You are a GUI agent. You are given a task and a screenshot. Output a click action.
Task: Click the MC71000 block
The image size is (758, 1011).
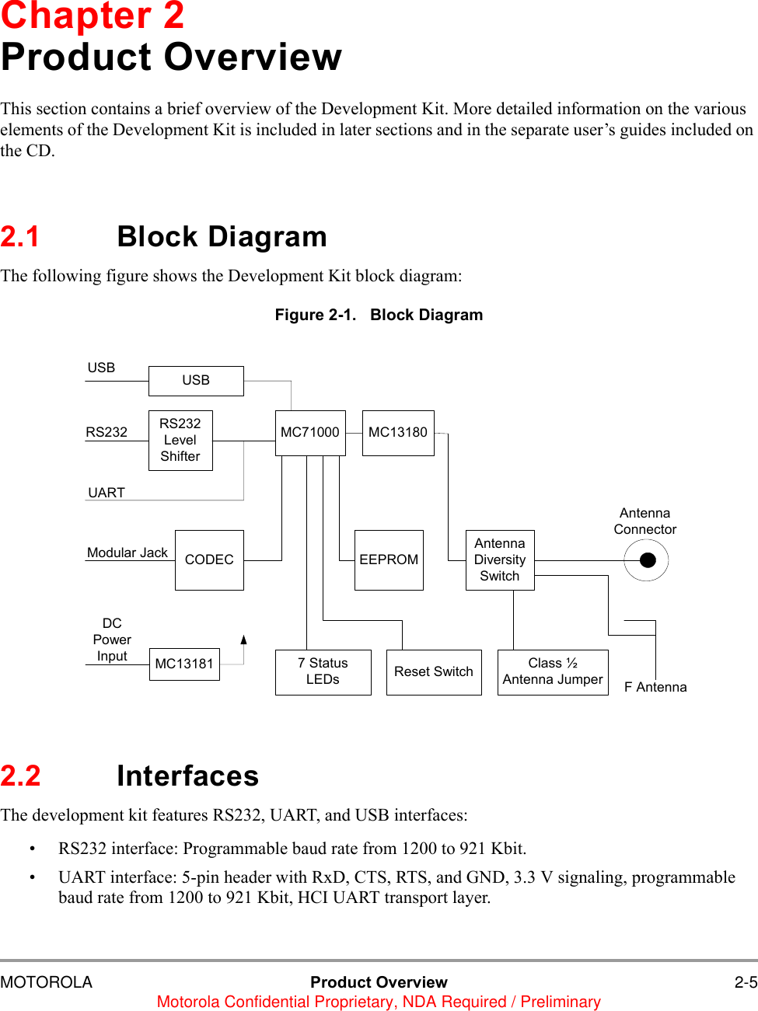click(x=310, y=433)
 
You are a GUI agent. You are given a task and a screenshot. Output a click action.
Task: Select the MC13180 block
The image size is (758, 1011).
click(x=398, y=433)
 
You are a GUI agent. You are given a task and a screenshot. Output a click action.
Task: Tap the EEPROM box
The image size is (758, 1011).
click(x=389, y=560)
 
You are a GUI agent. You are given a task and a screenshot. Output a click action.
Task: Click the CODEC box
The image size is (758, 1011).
click(x=209, y=560)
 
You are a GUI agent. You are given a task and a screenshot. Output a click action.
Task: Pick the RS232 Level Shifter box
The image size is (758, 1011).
click(x=180, y=441)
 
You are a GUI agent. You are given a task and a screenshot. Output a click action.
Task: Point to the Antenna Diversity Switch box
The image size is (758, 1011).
click(x=500, y=560)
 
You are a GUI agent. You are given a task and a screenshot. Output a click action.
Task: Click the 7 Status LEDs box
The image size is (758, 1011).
click(x=323, y=672)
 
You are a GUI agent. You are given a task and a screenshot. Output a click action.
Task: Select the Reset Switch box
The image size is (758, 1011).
click(x=434, y=672)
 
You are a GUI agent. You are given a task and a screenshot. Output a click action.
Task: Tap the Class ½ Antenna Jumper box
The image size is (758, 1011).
click(x=553, y=672)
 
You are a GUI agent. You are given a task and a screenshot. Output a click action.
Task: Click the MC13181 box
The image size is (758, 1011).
click(x=184, y=664)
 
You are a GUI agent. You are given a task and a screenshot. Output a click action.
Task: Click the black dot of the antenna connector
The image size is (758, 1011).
click(x=648, y=560)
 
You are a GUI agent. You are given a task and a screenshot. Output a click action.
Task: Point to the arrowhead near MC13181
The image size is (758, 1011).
click(x=244, y=640)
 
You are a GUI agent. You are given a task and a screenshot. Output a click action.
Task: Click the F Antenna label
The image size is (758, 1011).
click(x=655, y=688)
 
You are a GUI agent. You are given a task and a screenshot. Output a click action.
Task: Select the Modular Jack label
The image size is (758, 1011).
click(x=127, y=553)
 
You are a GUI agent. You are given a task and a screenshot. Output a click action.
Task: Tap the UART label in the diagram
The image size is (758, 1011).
click(x=107, y=493)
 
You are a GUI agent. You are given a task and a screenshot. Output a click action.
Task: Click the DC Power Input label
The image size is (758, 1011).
click(x=112, y=640)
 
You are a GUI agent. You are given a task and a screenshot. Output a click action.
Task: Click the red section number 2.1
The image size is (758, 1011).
click(x=20, y=237)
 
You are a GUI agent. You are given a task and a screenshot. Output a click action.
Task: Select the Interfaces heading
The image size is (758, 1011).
click(x=187, y=776)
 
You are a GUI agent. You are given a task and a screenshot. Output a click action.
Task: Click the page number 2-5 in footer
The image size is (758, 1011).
click(x=746, y=982)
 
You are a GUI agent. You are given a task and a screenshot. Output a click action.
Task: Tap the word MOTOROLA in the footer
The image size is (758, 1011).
click(x=47, y=982)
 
